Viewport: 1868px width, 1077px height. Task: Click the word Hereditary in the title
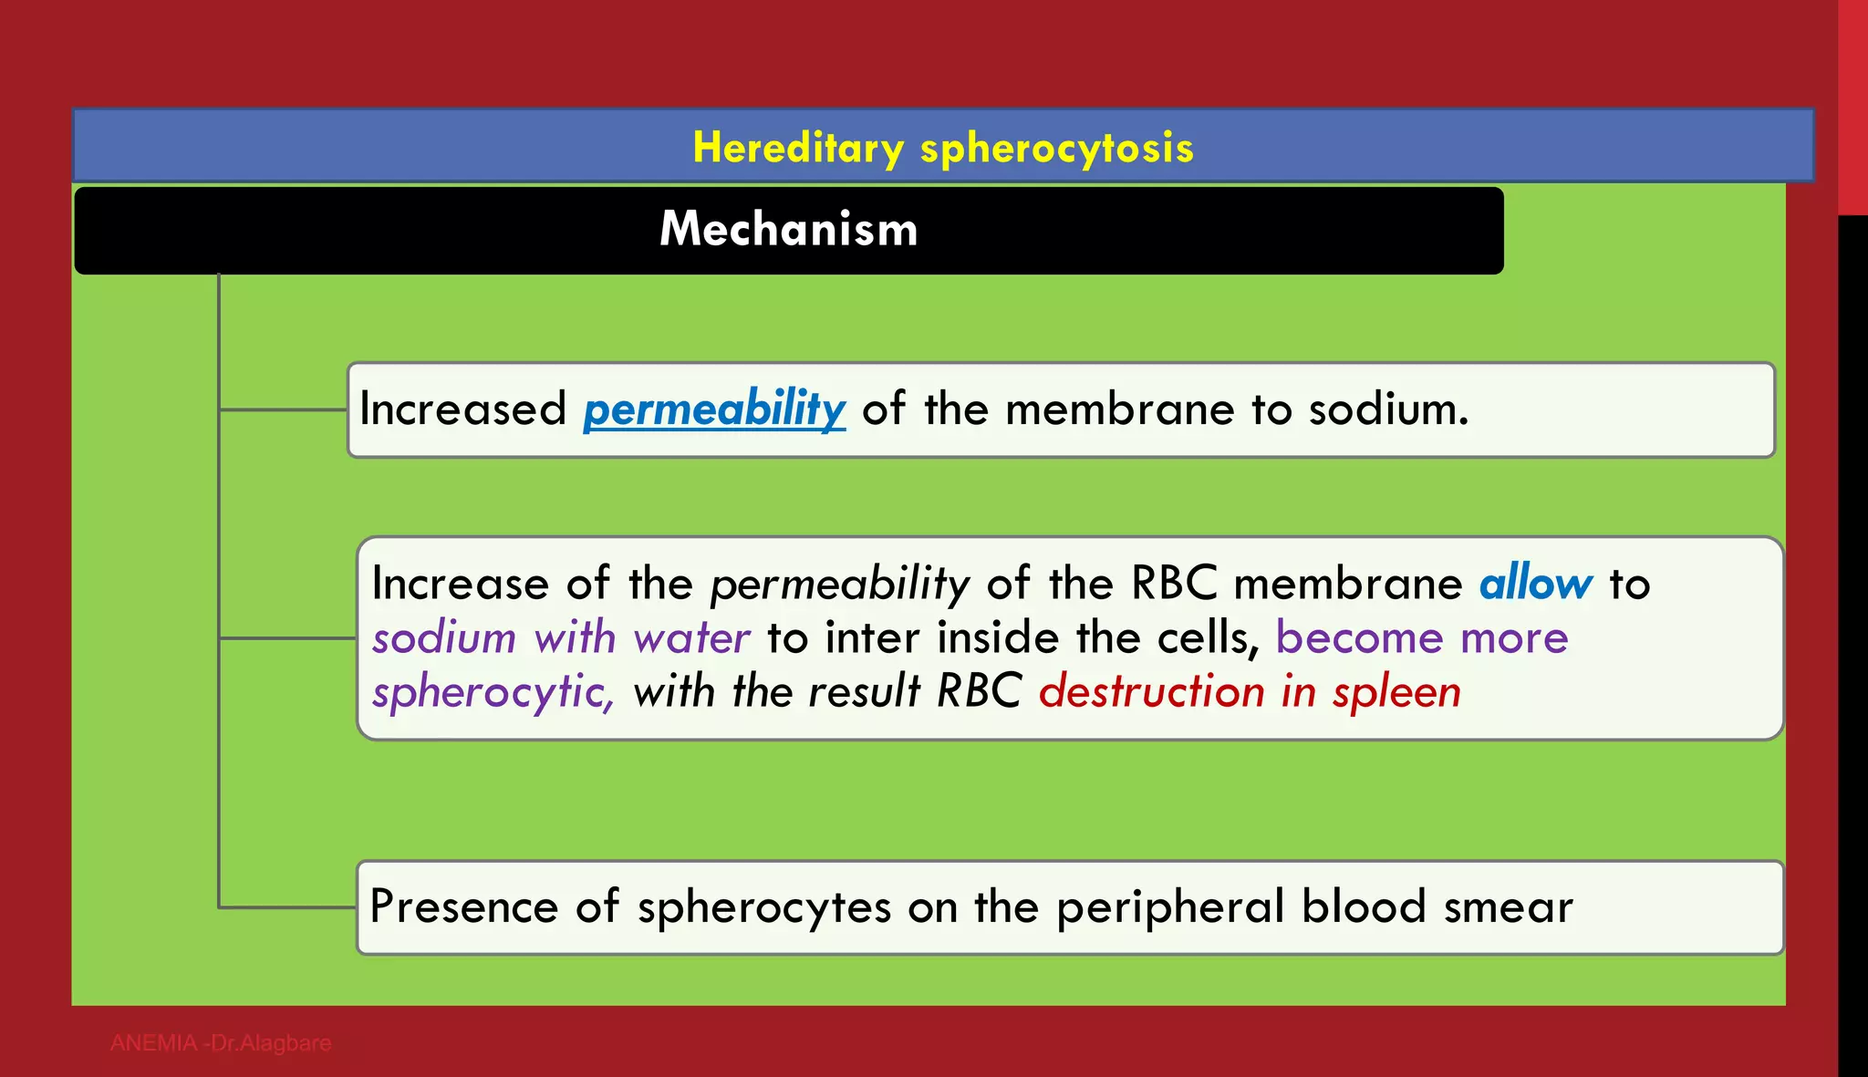tap(798, 148)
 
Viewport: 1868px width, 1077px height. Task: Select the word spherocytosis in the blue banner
tap(1057, 148)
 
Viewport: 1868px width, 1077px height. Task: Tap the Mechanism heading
tap(789, 229)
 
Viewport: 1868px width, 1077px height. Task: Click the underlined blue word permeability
tap(714, 409)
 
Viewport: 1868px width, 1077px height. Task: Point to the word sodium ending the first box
tap(1387, 409)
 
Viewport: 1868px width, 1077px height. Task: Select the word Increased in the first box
tap(463, 409)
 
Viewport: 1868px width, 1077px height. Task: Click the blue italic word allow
tap(1536, 584)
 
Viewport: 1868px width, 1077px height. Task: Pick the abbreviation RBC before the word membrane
tap(1174, 584)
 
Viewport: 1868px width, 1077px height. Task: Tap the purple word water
tap(692, 637)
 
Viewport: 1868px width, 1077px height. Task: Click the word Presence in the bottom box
tap(463, 907)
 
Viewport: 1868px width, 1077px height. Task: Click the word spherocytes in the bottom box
tap(764, 907)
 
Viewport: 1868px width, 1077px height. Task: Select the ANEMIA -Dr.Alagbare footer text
tap(221, 1043)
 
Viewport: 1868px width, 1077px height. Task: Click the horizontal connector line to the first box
tap(284, 409)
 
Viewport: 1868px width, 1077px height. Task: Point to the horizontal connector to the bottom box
tap(287, 907)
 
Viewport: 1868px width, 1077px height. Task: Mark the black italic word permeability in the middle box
tap(840, 584)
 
